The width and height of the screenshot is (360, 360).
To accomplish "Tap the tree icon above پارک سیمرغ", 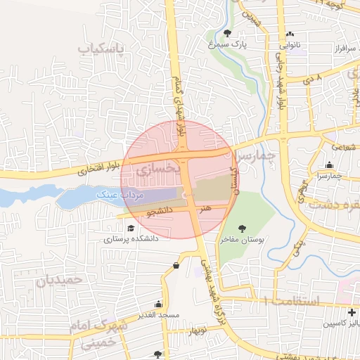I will [x=226, y=33].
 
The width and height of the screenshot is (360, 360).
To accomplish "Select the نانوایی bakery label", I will [x=290, y=44].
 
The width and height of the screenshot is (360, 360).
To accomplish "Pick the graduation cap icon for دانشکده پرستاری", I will [x=130, y=228].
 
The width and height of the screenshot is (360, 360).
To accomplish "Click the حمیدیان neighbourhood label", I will [x=59, y=280].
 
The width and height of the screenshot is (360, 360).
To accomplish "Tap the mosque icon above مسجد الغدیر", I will [x=160, y=304].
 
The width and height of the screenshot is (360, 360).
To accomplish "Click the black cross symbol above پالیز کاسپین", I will [x=352, y=311].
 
